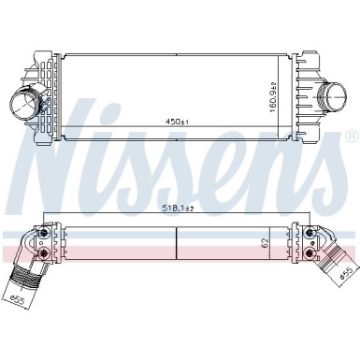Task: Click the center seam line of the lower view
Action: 177,242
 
